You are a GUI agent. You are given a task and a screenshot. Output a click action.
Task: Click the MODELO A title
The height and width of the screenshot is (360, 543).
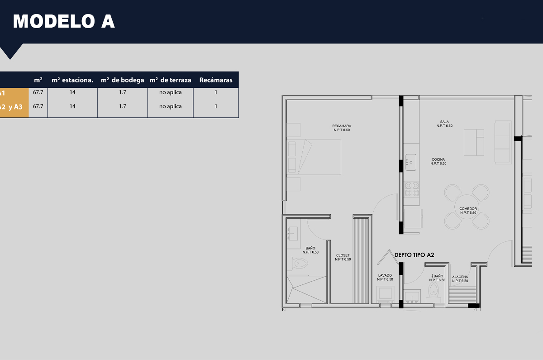point(64,21)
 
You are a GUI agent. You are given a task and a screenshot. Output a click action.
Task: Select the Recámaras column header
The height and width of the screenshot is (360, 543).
point(216,80)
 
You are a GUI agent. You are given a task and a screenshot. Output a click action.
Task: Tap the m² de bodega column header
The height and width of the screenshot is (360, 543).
point(122,80)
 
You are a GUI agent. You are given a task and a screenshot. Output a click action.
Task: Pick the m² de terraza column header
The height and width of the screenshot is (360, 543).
point(171,80)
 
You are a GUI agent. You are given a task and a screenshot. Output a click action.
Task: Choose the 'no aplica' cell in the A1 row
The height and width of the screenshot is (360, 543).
point(171,92)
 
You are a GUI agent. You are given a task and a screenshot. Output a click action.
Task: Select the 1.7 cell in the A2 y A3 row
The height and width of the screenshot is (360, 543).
point(122,106)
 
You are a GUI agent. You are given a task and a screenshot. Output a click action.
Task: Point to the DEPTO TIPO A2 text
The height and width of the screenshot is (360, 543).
point(414,255)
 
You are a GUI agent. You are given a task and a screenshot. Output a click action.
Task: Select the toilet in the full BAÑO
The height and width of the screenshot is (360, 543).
point(299,263)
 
